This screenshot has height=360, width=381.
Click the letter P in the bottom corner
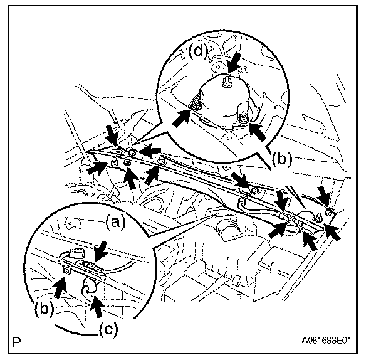tap(16, 343)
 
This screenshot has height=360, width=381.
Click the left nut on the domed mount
tap(196, 103)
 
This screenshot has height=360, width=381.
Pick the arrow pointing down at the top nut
tap(234, 63)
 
